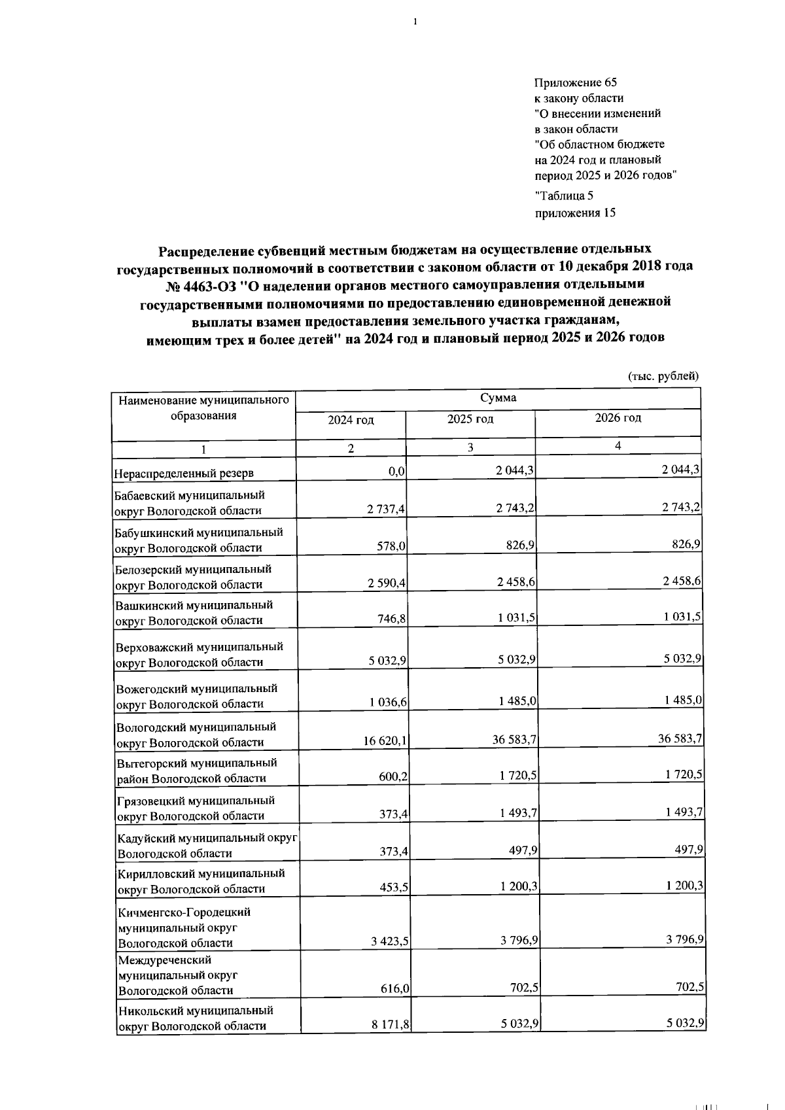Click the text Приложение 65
[x=575, y=82]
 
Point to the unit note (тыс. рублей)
[x=663, y=376]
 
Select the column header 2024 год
[x=351, y=420]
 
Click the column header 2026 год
[x=618, y=418]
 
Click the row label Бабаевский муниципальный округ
[x=190, y=502]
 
